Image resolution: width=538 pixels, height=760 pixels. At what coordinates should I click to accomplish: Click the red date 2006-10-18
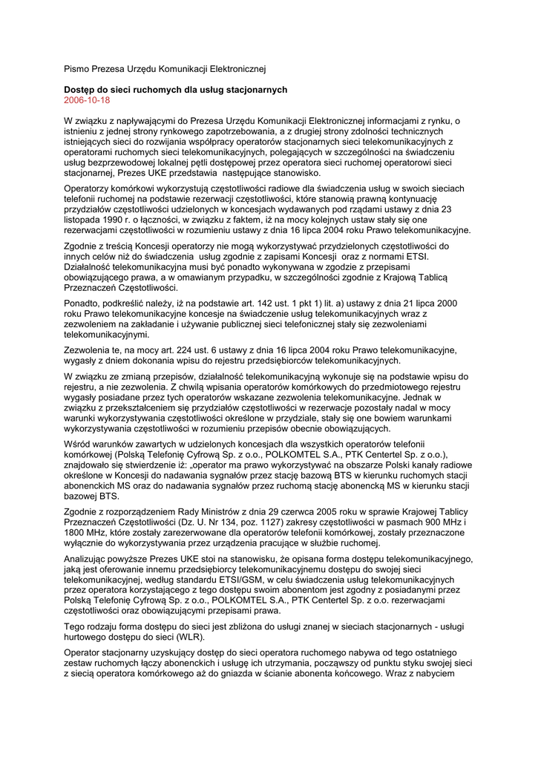[x=87, y=99]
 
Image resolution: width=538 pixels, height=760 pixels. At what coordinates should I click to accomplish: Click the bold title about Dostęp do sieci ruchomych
[x=175, y=89]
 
